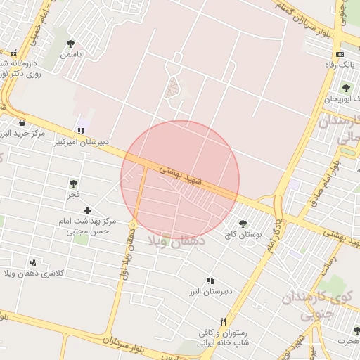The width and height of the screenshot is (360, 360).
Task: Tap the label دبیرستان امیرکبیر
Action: coord(82,141)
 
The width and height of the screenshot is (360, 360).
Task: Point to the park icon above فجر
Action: coord(73,184)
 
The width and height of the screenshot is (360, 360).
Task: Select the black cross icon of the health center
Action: coord(88,210)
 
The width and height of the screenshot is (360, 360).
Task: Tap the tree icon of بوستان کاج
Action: coord(243,224)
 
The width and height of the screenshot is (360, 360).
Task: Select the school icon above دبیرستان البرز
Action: coord(210,281)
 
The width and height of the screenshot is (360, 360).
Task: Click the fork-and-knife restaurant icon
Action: coord(224,321)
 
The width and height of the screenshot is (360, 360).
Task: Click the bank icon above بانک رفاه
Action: coord(340,54)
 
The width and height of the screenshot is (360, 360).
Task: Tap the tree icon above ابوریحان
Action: coord(345,88)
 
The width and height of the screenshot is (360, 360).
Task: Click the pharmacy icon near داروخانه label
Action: coord(14,53)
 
